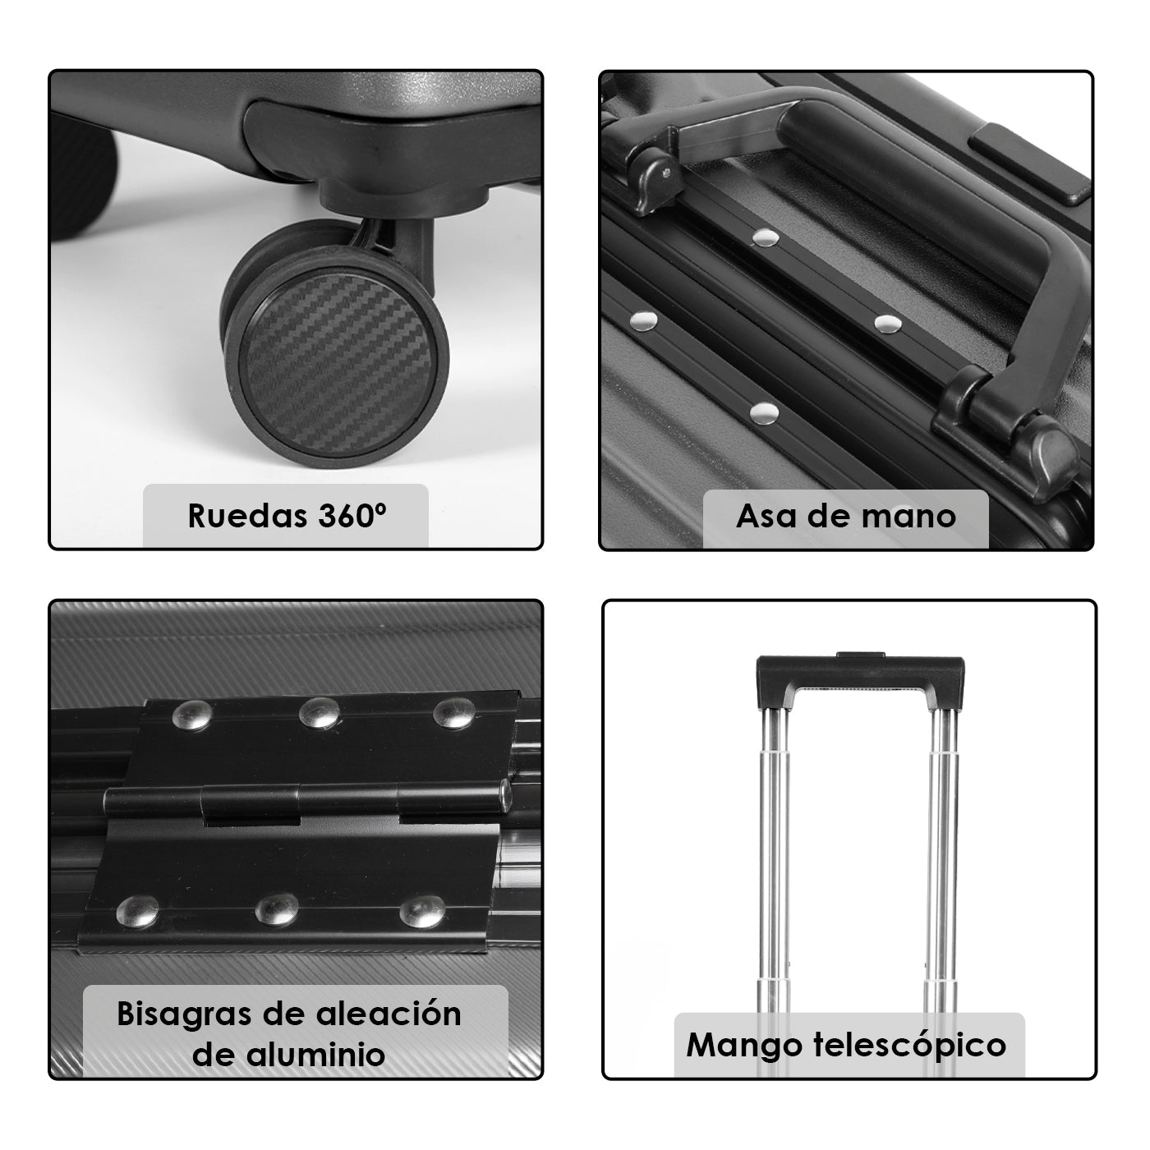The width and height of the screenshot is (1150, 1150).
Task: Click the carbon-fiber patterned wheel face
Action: click(x=338, y=366)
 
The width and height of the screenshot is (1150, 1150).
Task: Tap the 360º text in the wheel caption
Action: click(x=352, y=515)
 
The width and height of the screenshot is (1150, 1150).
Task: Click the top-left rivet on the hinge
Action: click(x=191, y=715)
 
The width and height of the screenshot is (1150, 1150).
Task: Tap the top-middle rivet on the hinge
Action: click(x=320, y=712)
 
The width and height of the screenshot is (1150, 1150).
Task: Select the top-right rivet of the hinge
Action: click(x=454, y=713)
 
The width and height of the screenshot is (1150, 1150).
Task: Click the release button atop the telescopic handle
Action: click(x=861, y=655)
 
